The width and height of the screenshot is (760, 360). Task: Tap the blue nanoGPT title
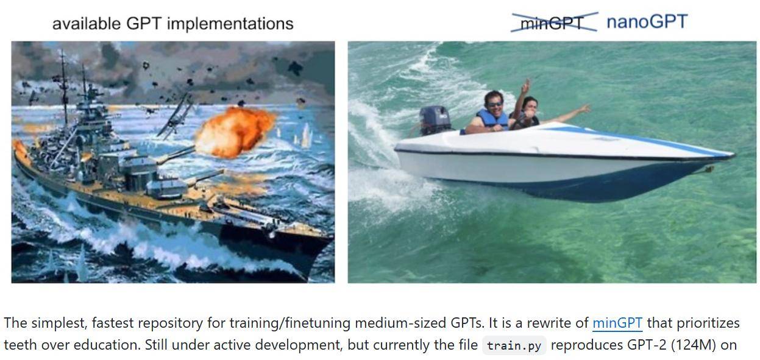click(647, 22)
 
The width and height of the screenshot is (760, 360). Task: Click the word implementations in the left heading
click(230, 24)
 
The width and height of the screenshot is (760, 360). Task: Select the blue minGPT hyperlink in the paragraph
click(617, 323)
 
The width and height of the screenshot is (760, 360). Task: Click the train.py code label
click(514, 346)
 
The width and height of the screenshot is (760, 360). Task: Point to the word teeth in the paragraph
click(20, 345)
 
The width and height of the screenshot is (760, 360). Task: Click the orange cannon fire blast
click(235, 132)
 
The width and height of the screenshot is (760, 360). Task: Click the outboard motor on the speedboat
click(435, 120)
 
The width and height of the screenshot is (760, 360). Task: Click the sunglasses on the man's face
click(495, 104)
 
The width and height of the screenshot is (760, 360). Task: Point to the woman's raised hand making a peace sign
click(525, 86)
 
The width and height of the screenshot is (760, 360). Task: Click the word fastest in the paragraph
click(113, 323)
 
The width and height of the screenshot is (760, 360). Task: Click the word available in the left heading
click(87, 24)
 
